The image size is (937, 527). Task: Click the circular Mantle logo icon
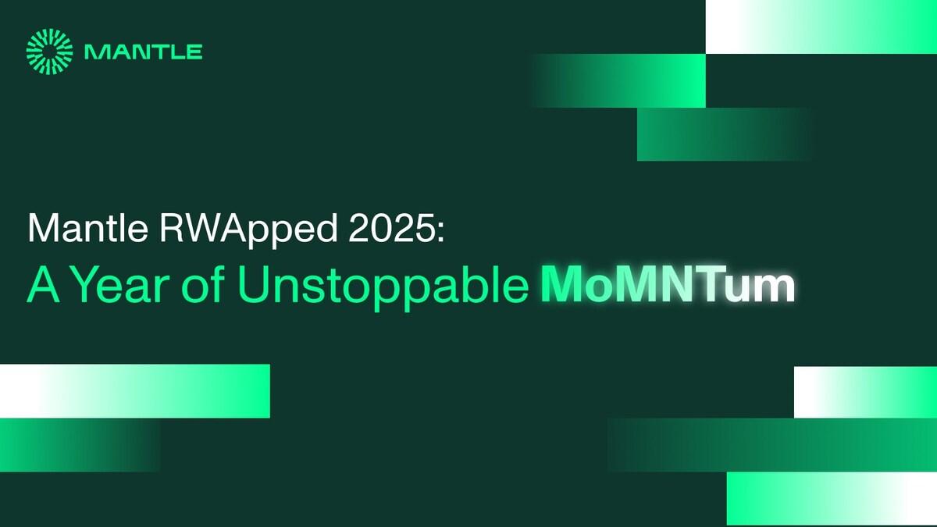pyautogui.click(x=48, y=52)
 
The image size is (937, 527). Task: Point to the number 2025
pyautogui.click(x=372, y=230)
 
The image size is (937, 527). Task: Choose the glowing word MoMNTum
pyautogui.click(x=668, y=287)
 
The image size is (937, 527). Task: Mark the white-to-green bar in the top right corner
pyautogui.click(x=821, y=27)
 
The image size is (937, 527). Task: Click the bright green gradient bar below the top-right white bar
pyautogui.click(x=625, y=81)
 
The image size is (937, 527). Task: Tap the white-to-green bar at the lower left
pyautogui.click(x=134, y=390)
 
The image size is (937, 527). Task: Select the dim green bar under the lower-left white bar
pyautogui.click(x=78, y=445)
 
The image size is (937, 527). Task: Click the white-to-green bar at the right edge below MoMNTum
pyautogui.click(x=865, y=392)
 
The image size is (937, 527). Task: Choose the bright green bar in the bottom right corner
pyautogui.click(x=832, y=499)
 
